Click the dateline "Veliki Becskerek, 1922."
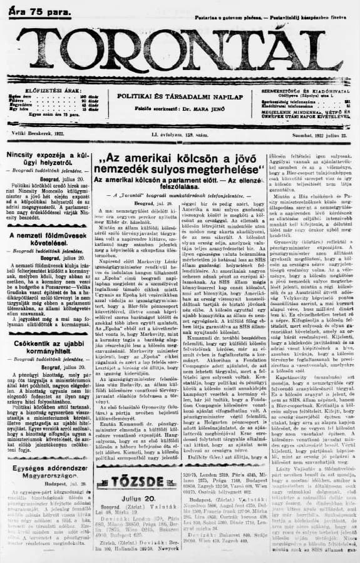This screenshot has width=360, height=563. (38, 133)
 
